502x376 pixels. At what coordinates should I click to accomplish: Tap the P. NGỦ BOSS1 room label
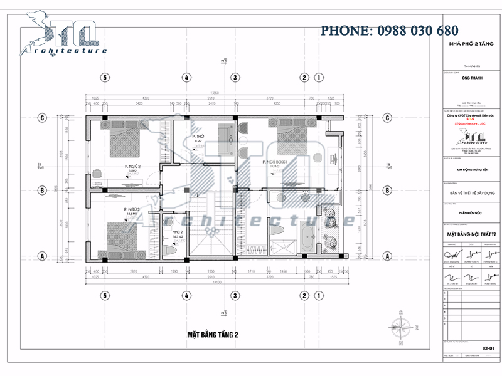[275, 162]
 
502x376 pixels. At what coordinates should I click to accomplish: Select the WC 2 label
[178, 232]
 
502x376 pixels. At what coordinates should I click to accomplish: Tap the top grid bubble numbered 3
[235, 78]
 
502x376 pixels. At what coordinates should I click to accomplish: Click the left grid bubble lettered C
[43, 117]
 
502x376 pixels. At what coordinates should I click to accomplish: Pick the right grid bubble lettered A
[387, 256]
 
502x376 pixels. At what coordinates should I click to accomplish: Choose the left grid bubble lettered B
[43, 190]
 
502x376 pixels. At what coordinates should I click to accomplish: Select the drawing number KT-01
[490, 348]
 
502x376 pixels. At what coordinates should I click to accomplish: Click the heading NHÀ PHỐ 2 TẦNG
[468, 46]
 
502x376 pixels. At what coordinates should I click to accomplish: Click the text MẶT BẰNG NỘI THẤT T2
[468, 233]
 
